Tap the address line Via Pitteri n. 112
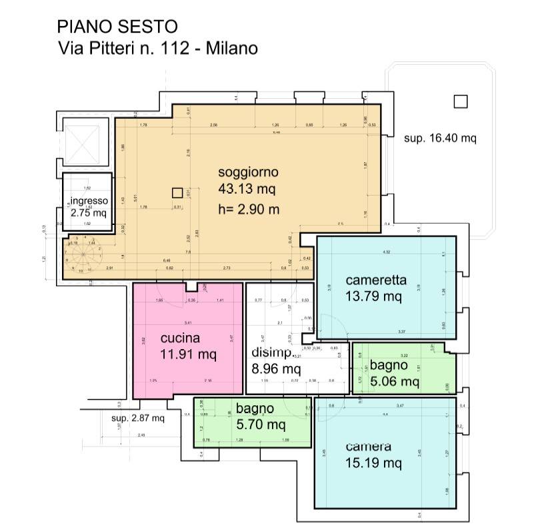point(157,48)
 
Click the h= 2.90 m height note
point(248,209)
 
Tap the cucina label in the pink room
point(180,338)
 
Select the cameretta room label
point(376,280)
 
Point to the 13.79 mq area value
point(373,296)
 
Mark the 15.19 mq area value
point(373,463)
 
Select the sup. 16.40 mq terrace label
point(440,139)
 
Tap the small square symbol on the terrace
point(459,102)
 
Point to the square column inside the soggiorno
point(177,193)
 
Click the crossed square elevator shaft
point(84,142)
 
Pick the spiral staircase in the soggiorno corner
point(81,252)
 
